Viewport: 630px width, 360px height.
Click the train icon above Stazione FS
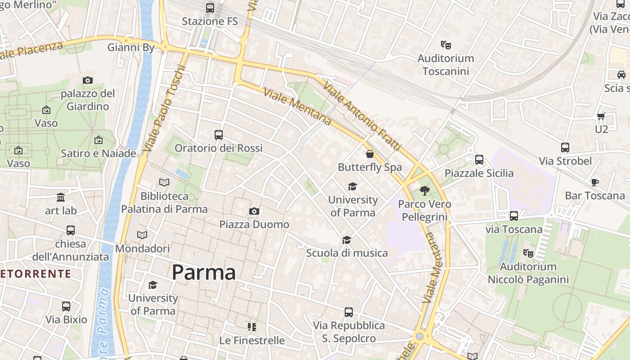210,8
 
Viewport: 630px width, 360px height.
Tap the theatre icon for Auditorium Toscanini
445,45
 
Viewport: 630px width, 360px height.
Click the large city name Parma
204,272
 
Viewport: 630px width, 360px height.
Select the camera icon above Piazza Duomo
254,211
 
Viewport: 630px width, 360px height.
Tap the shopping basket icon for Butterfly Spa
370,154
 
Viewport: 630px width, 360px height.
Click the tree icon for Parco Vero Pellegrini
424,191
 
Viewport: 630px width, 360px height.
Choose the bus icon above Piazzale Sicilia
479,160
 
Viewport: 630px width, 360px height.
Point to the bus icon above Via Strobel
565,148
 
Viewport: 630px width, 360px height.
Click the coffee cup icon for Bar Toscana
595,182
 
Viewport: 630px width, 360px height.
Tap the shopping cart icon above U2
601,116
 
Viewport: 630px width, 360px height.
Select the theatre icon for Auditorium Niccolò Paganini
528,253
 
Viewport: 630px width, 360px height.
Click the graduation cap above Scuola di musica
346,240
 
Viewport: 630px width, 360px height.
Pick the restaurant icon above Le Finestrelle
252,327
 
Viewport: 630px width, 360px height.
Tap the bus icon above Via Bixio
66,306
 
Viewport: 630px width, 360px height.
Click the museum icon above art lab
61,197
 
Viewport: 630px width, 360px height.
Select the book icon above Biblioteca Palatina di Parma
164,183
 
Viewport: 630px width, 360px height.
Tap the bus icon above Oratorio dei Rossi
219,135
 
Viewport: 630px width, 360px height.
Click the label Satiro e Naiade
99,153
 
